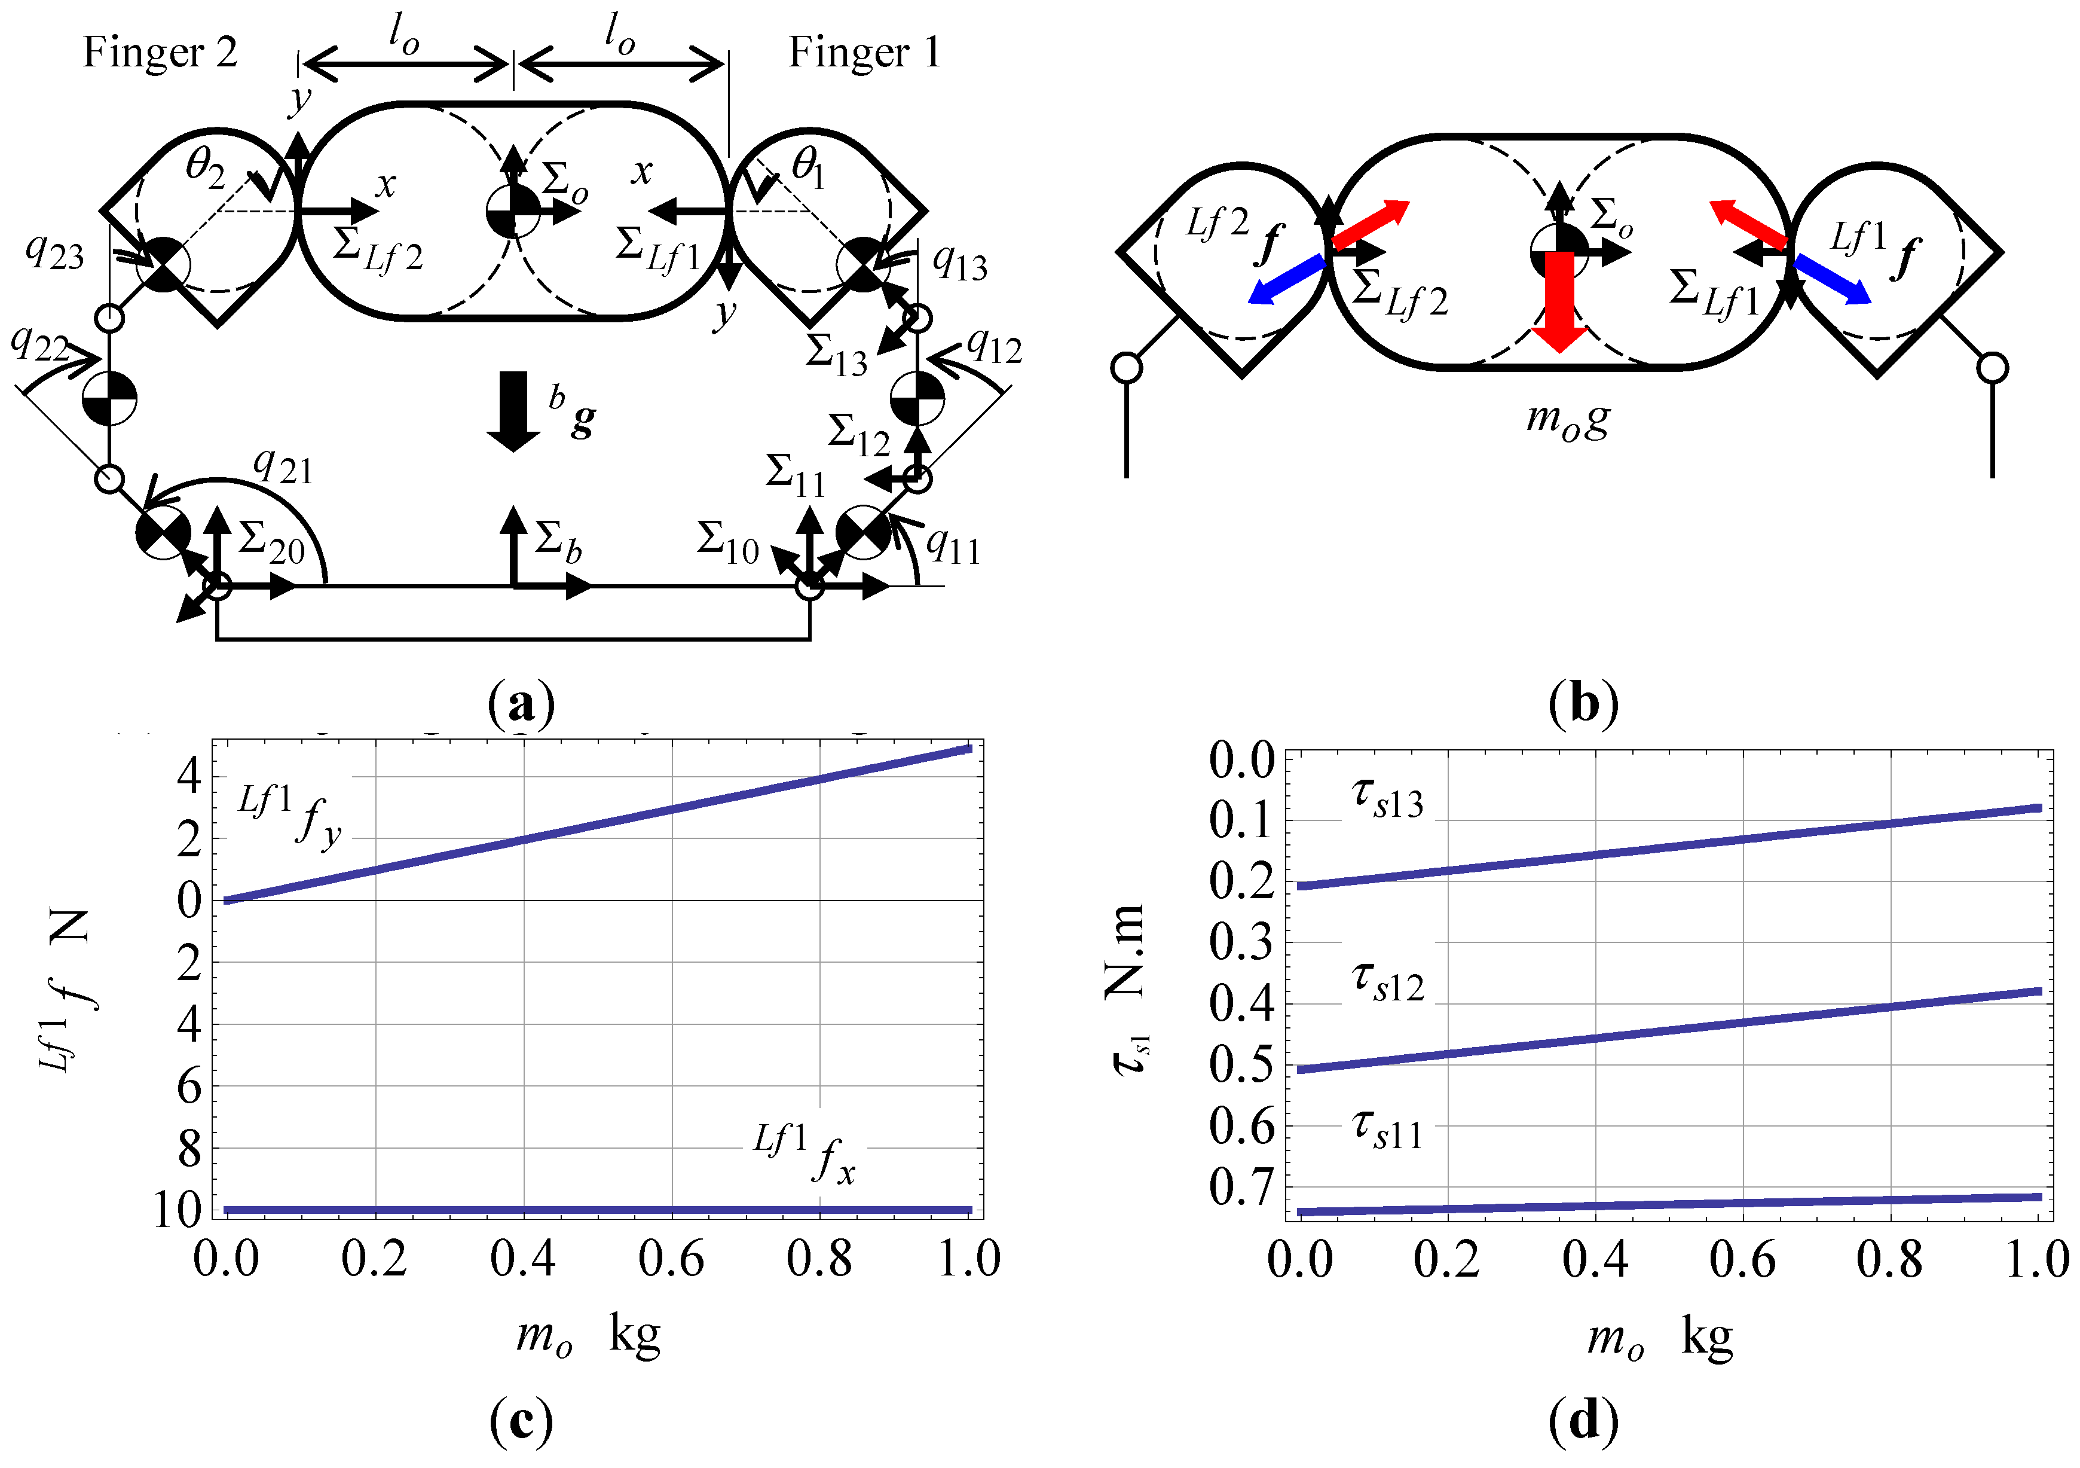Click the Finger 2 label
[x=160, y=53]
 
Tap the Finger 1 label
[x=864, y=53]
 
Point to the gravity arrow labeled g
[x=513, y=410]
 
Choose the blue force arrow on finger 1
[x=1832, y=279]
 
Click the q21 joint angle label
[x=283, y=466]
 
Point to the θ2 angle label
[x=205, y=167]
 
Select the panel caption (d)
[x=1583, y=1421]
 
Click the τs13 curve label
[x=1388, y=799]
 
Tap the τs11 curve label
[x=1388, y=1130]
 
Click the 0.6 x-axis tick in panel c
[x=671, y=1259]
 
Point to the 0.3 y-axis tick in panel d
[x=1241, y=942]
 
